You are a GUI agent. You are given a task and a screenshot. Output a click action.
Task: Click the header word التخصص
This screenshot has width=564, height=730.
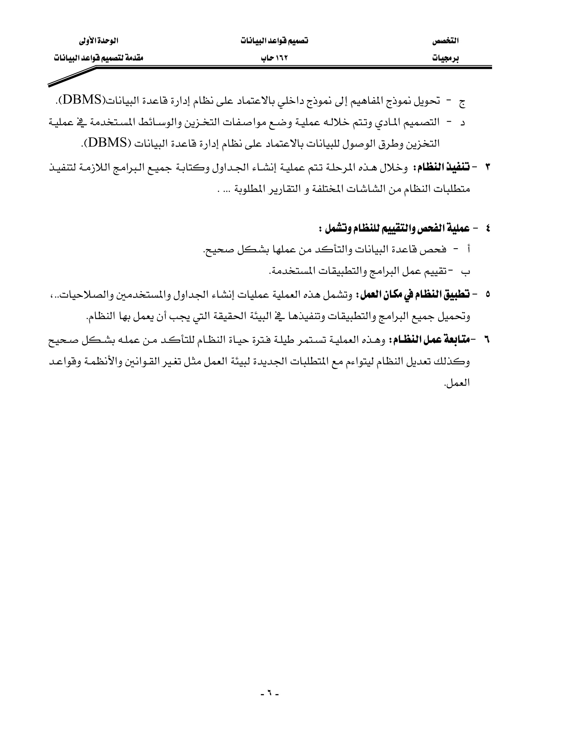click(446, 41)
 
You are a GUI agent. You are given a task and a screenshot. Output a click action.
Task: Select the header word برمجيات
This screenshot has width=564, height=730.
click(446, 58)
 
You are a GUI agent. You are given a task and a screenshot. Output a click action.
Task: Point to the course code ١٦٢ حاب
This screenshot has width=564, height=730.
click(274, 58)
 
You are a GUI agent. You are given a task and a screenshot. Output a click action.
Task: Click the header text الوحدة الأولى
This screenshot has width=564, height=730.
click(99, 41)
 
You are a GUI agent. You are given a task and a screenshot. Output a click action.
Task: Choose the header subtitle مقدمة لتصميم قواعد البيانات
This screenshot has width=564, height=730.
click(99, 58)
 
